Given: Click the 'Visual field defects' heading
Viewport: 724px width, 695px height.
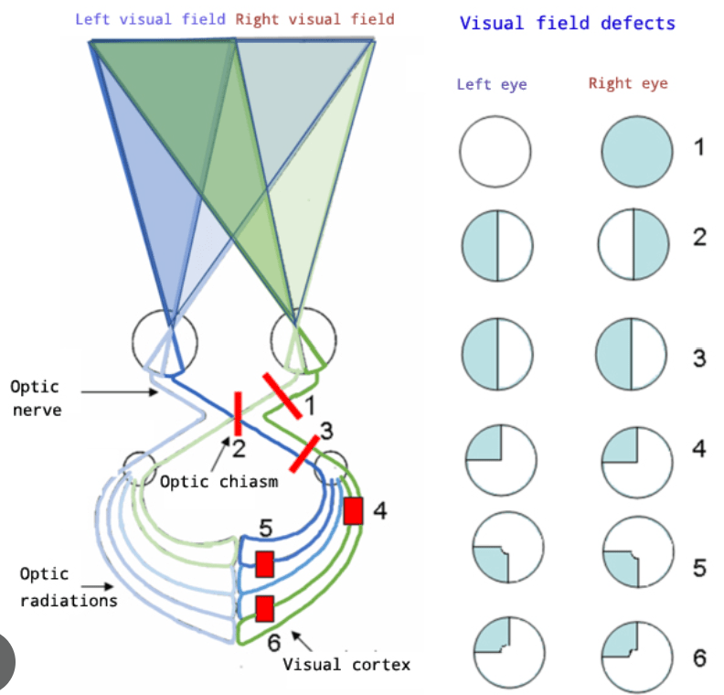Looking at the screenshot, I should click(x=567, y=23).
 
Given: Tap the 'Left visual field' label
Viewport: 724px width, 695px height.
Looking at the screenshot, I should click(x=150, y=18).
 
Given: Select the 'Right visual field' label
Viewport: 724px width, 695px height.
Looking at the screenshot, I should click(x=315, y=18).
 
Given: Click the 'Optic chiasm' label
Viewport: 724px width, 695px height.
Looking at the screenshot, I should click(x=218, y=481).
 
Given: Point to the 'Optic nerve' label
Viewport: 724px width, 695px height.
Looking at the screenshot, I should click(x=37, y=398).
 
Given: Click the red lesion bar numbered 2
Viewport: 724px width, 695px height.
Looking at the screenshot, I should click(x=238, y=413).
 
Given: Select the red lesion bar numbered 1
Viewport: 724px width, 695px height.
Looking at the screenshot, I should click(x=282, y=395).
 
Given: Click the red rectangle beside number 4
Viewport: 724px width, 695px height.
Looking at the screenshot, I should click(x=354, y=510).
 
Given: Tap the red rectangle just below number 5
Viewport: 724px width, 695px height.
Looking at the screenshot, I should click(x=265, y=564).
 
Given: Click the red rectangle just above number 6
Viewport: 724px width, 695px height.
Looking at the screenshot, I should click(x=265, y=608).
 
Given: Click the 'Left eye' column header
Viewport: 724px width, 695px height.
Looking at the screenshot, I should click(x=492, y=85).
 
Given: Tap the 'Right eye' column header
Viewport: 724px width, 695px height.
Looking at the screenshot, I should click(x=628, y=84).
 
